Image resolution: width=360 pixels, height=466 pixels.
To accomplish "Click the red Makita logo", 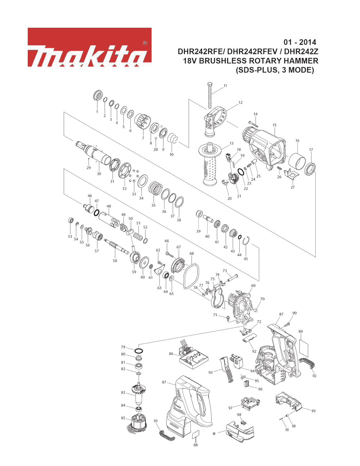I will (x=89, y=47).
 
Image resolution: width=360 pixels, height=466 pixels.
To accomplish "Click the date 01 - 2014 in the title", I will (x=300, y=42).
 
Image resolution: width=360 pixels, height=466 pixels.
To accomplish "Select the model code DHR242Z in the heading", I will (x=301, y=51).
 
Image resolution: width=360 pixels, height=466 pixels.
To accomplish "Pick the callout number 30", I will (x=99, y=174).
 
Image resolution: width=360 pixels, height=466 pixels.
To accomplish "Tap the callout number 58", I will (x=115, y=261).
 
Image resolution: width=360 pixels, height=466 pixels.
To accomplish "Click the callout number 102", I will (x=314, y=376).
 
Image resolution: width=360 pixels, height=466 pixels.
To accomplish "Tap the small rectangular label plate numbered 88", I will (x=195, y=434).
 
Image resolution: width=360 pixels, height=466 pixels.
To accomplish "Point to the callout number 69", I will (x=253, y=286).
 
